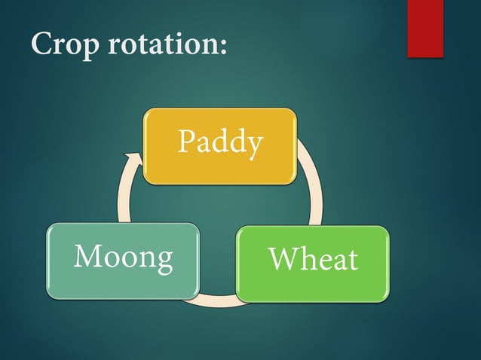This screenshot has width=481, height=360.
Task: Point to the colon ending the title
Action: click(x=222, y=47)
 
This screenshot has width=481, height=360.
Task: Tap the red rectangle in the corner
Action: click(x=424, y=29)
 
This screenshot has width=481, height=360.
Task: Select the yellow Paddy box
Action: click(x=219, y=146)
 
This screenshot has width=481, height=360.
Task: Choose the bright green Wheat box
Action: click(x=313, y=263)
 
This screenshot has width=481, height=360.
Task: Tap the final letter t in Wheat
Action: click(x=351, y=261)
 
